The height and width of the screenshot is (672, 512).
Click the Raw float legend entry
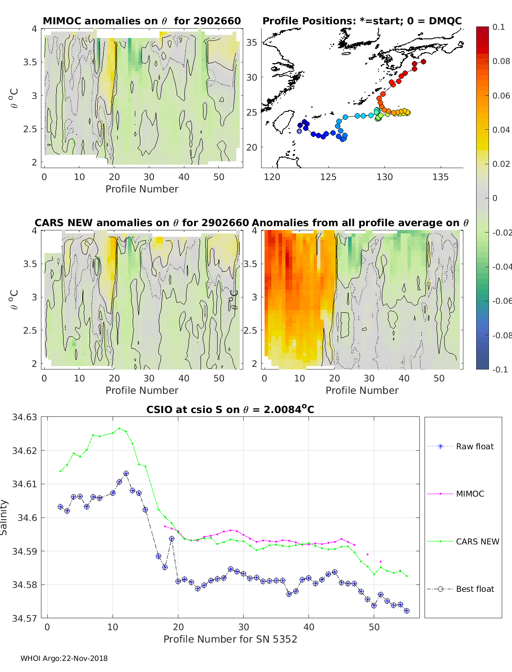(460, 446)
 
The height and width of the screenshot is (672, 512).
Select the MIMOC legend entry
(456, 494)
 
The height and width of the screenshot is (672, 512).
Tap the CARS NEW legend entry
(463, 541)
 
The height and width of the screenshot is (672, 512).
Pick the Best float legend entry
(460, 589)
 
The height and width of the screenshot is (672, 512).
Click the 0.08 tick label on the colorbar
(501, 61)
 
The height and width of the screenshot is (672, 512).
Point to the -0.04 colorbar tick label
(502, 267)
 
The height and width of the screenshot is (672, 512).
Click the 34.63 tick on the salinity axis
(24, 417)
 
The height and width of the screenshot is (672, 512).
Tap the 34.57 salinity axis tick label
(24, 618)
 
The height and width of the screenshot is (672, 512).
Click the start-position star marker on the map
(299, 131)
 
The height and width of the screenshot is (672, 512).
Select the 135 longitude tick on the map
(440, 177)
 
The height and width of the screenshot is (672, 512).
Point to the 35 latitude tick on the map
(252, 42)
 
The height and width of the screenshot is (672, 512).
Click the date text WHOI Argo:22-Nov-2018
(64, 658)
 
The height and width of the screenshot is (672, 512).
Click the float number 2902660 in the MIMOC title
(217, 21)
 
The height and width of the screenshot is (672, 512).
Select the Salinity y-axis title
(4, 518)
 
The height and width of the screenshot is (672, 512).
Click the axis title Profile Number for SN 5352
(230, 639)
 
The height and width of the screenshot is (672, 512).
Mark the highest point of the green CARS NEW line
(119, 428)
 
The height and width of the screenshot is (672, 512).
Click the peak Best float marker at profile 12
(126, 473)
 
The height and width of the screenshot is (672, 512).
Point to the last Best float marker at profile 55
(407, 611)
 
